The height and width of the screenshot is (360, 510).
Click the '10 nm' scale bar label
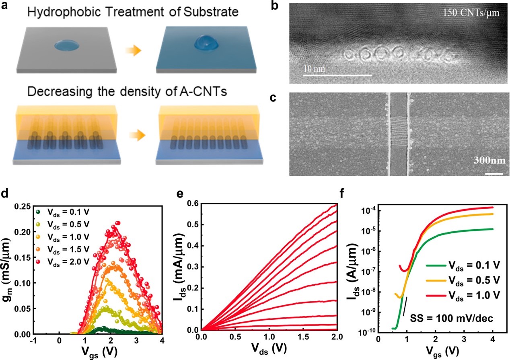coord(315,69)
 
